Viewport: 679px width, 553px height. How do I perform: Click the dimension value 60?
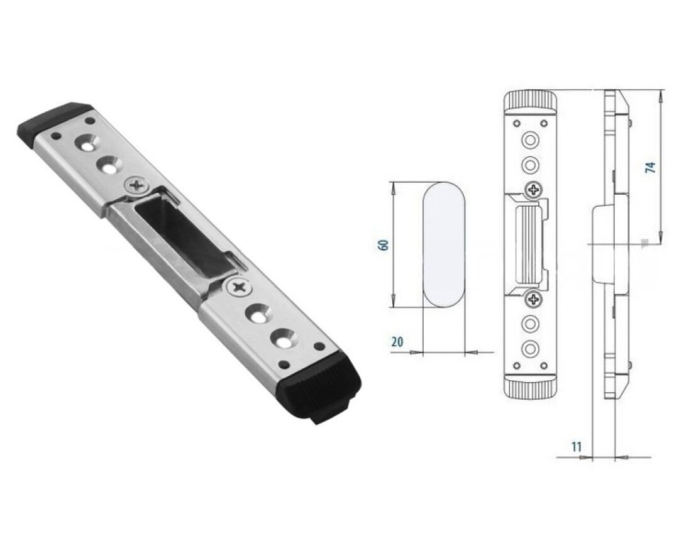(384, 244)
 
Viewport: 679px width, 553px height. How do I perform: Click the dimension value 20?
(397, 342)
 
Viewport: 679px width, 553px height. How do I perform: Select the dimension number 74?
(651, 167)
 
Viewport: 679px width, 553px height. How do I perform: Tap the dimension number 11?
(577, 446)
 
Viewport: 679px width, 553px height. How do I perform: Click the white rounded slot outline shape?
(444, 244)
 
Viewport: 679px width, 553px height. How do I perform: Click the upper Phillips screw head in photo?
(138, 187)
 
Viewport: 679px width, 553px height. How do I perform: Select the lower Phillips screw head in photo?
(238, 287)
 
